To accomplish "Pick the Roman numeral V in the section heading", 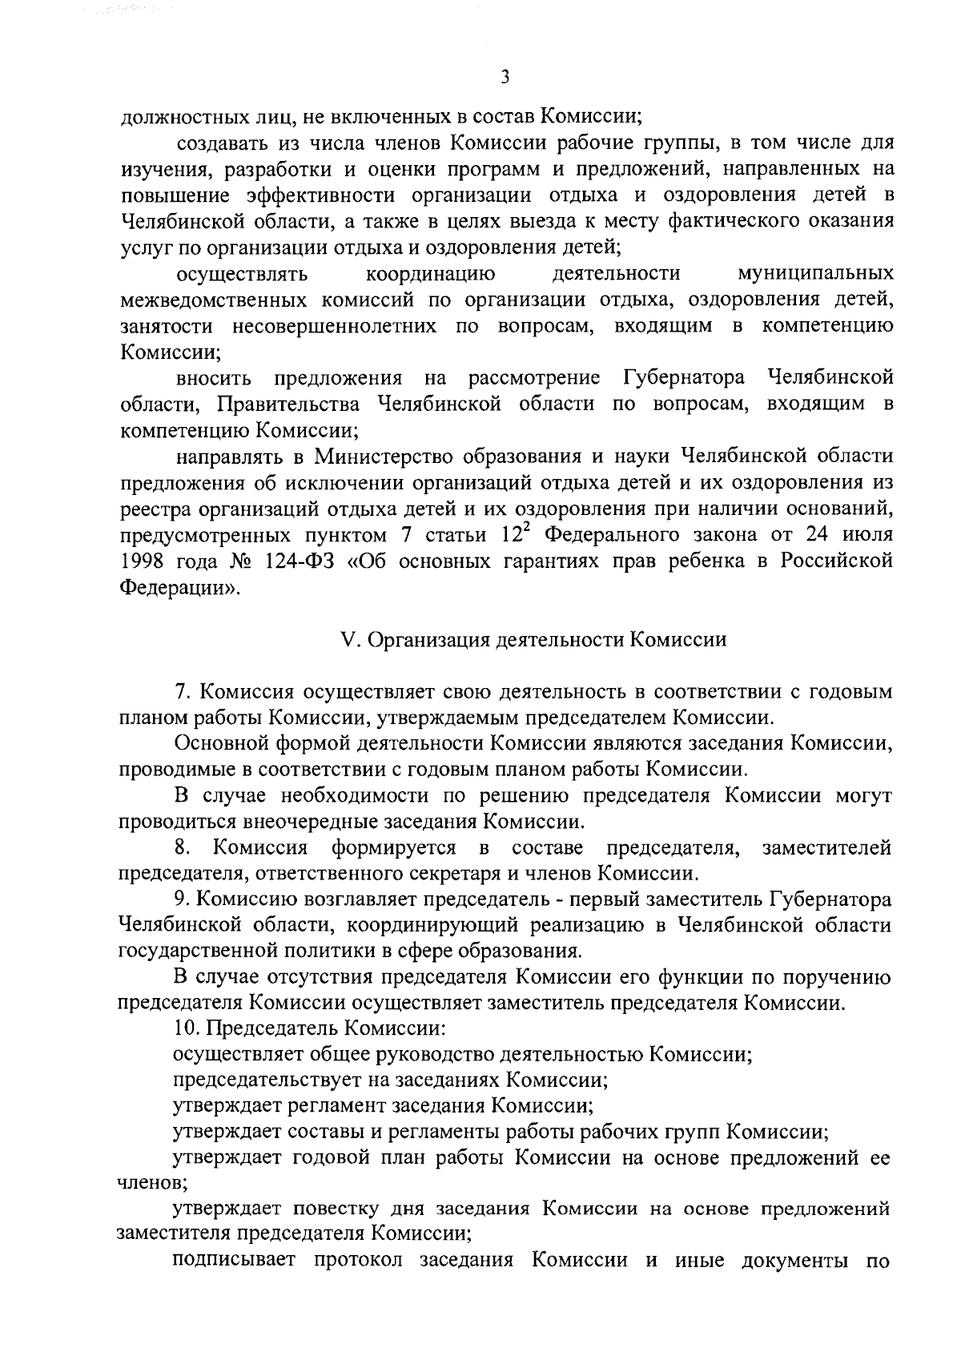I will (347, 640).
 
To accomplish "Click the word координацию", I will (430, 275).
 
